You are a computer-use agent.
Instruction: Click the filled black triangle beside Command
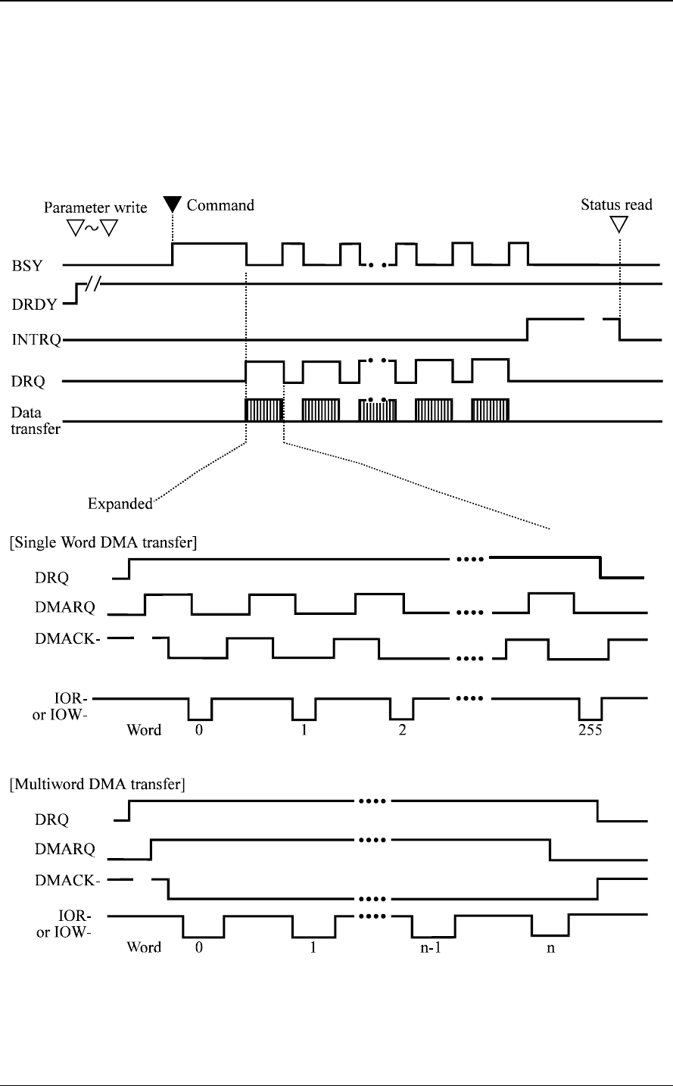click(173, 204)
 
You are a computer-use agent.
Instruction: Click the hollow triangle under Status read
click(619, 224)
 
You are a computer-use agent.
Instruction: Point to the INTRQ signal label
click(33, 341)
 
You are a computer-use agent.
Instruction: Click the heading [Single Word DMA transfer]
click(103, 542)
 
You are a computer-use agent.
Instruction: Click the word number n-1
click(432, 947)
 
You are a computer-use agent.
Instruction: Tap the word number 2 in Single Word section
click(402, 731)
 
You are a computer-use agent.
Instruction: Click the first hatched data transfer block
click(264, 410)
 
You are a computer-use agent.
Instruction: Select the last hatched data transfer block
click(490, 410)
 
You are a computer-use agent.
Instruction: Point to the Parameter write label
click(95, 207)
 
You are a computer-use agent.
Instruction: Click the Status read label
click(616, 204)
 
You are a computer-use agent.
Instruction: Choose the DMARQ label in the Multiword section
click(65, 850)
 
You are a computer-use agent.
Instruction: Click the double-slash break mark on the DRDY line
click(95, 285)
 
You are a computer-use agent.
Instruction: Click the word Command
click(220, 204)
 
